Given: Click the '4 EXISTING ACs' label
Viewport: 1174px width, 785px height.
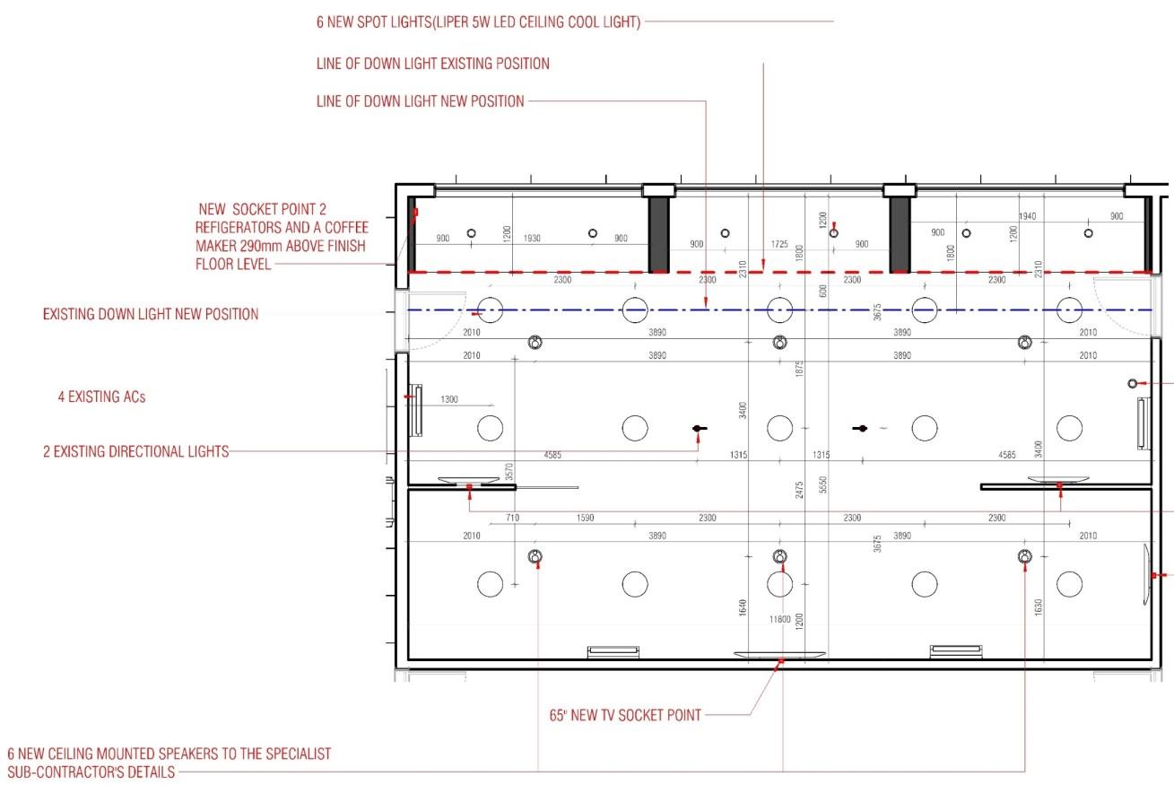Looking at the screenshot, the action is pos(101,397).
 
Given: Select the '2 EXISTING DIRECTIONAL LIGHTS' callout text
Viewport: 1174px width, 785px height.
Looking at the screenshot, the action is pos(135,451).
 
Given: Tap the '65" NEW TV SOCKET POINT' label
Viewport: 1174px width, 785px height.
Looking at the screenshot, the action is pos(625,716).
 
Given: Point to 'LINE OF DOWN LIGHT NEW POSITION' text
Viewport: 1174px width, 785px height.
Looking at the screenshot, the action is pos(420,101).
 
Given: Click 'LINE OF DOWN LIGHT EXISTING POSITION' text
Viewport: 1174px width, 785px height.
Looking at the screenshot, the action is pos(432,65).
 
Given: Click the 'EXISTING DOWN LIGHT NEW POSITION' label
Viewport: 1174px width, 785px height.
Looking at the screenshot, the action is pos(151,315).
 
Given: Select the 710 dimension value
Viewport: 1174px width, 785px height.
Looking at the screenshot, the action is pos(513,519).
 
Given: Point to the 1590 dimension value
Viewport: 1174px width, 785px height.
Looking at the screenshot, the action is pos(585,519).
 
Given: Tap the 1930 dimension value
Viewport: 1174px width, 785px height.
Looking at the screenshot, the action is pos(532,238).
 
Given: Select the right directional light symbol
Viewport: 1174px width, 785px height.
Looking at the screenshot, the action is pos(861,429).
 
